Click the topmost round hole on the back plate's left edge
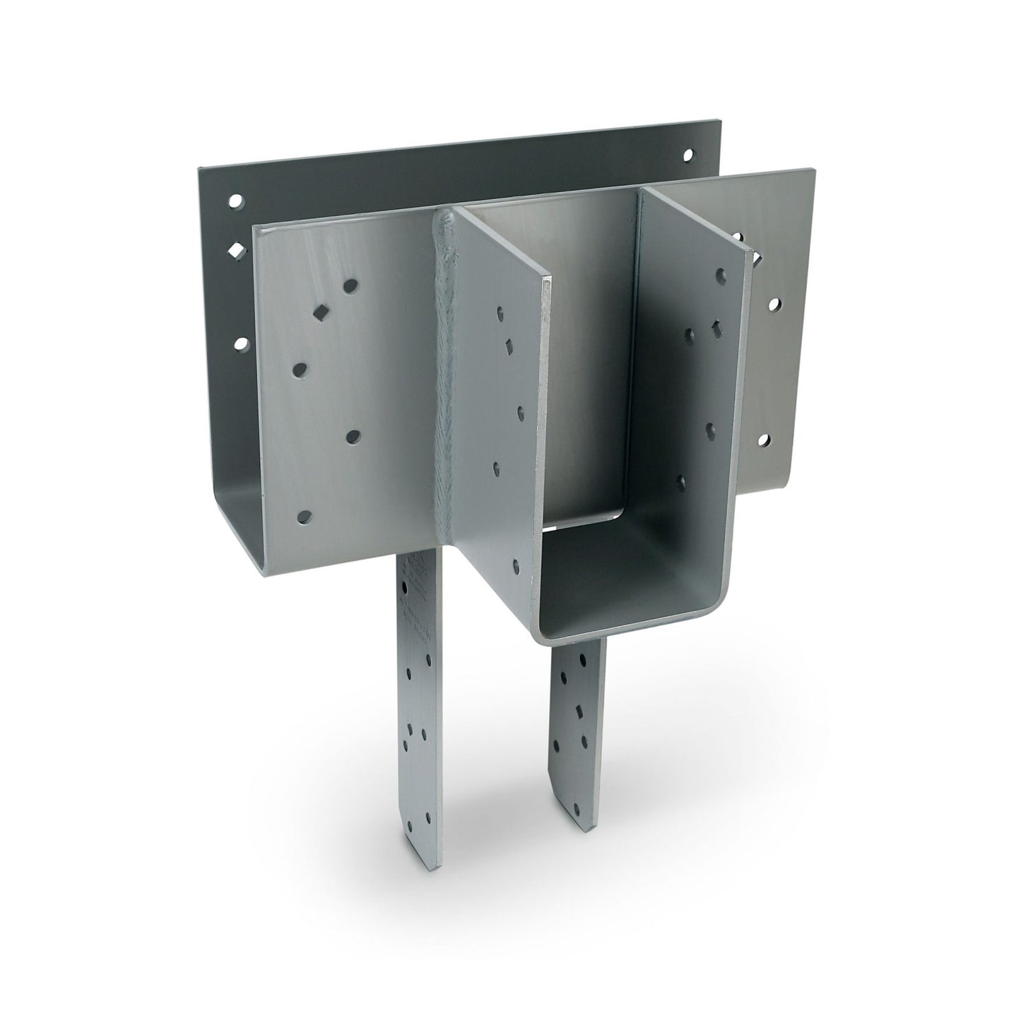click(x=235, y=203)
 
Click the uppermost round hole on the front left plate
click(x=350, y=286)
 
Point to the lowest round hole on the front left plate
click(x=304, y=517)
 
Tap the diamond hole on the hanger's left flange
click(x=509, y=346)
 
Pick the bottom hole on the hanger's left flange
click(x=514, y=565)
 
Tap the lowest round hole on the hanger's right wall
click(x=681, y=483)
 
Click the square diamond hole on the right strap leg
click(x=579, y=710)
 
